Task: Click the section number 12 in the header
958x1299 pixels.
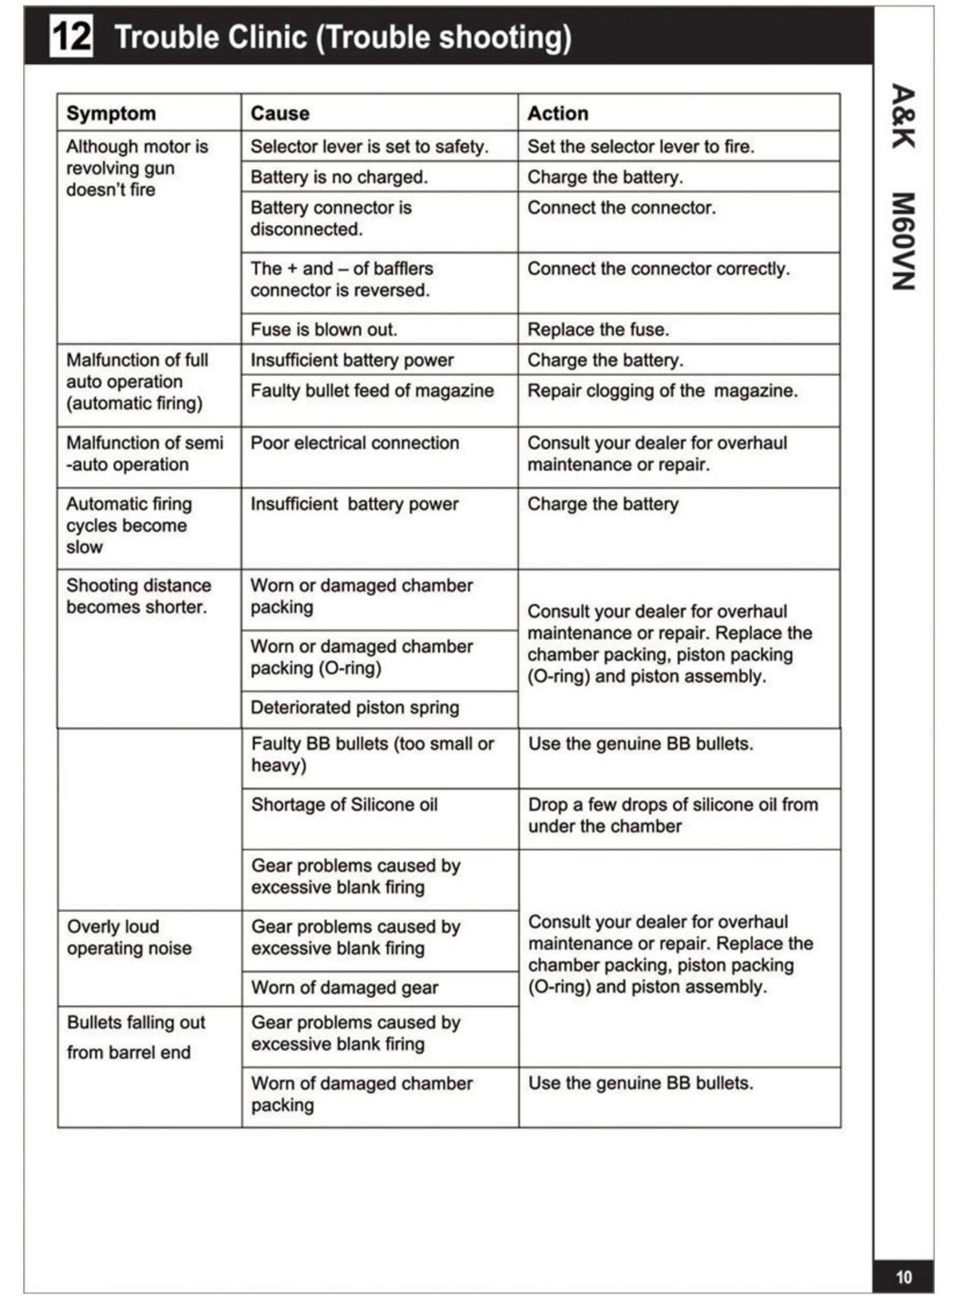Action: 71,37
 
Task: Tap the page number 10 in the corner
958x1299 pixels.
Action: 904,1277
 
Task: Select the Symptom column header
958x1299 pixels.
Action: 111,113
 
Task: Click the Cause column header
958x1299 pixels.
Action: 279,113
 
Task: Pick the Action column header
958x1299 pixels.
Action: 557,113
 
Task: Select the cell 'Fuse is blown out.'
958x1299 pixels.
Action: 323,330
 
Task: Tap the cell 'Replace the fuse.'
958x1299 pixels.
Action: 598,330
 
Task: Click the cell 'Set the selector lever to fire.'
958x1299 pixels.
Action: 640,147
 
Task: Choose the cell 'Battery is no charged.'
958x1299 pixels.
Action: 338,177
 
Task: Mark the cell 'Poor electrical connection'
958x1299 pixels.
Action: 354,443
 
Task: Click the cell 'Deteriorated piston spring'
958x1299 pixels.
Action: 354,708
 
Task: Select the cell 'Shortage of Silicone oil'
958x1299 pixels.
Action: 344,804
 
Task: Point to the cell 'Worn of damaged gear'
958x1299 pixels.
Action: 344,988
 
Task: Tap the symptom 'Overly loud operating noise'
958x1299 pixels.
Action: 129,938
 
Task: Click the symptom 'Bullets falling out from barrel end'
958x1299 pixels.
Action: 136,1037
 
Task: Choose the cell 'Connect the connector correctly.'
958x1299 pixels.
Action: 658,269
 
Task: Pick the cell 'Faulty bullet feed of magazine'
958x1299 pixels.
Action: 372,391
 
